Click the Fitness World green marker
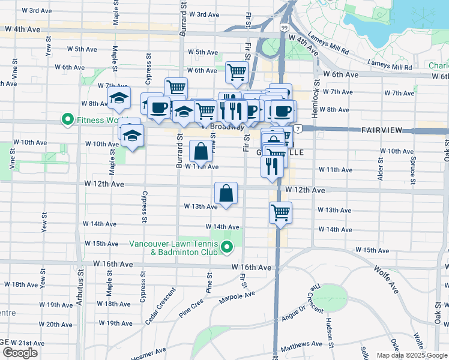pyautogui.click(x=68, y=120)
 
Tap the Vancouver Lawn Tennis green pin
pyautogui.click(x=226, y=247)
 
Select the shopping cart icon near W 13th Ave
pyautogui.click(x=281, y=212)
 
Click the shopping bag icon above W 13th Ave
pyautogui.click(x=226, y=193)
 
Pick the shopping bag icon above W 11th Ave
pyautogui.click(x=200, y=150)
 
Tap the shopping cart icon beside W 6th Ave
pyautogui.click(x=237, y=72)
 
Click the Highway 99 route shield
pyautogui.click(x=283, y=28)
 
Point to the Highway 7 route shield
pyautogui.click(x=298, y=130)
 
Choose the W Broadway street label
pyautogui.click(x=223, y=127)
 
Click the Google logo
pyautogui.click(x=20, y=353)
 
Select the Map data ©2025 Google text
pyautogui.click(x=411, y=355)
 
